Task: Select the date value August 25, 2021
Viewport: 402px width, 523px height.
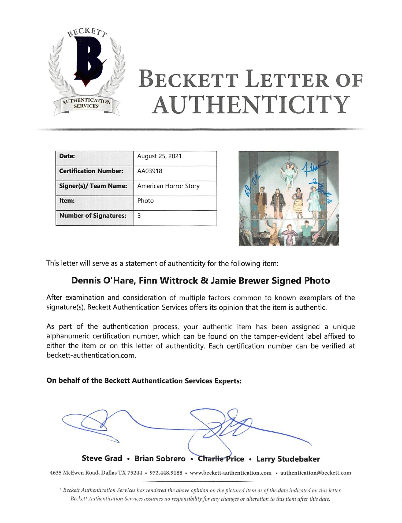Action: click(159, 156)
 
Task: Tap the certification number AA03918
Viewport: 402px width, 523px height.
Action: click(150, 171)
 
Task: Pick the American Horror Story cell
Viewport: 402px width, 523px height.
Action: click(168, 186)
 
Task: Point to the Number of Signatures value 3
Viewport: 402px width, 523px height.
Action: click(139, 215)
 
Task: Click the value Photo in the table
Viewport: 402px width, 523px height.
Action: click(145, 201)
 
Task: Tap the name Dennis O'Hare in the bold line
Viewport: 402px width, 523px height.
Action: click(102, 281)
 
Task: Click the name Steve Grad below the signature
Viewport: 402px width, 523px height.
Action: click(102, 458)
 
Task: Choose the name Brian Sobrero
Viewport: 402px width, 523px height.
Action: click(160, 459)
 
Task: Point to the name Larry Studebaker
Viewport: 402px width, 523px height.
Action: click(288, 459)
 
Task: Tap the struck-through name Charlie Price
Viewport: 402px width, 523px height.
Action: click(221, 459)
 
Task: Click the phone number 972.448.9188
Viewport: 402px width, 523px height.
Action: click(166, 473)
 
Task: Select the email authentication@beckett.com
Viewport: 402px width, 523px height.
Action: click(315, 473)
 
